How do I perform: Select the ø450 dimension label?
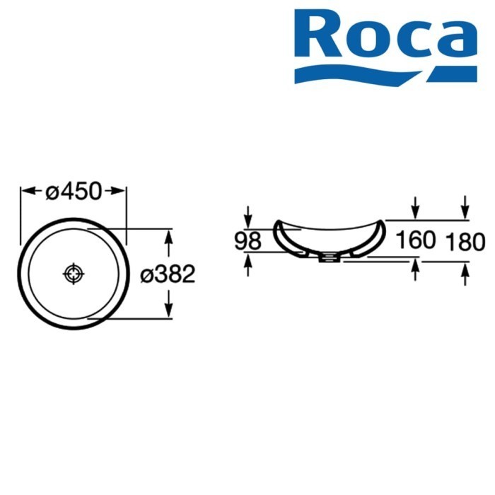[74, 191]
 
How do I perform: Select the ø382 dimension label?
[167, 274]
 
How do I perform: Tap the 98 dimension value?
[248, 241]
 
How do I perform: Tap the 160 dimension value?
[415, 240]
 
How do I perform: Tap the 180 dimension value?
[465, 242]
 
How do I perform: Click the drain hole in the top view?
[74, 273]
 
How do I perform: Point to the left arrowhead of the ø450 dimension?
[25, 191]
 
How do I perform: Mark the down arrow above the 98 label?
[248, 215]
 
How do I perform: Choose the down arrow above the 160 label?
[415, 211]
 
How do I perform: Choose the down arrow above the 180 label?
[465, 211]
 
